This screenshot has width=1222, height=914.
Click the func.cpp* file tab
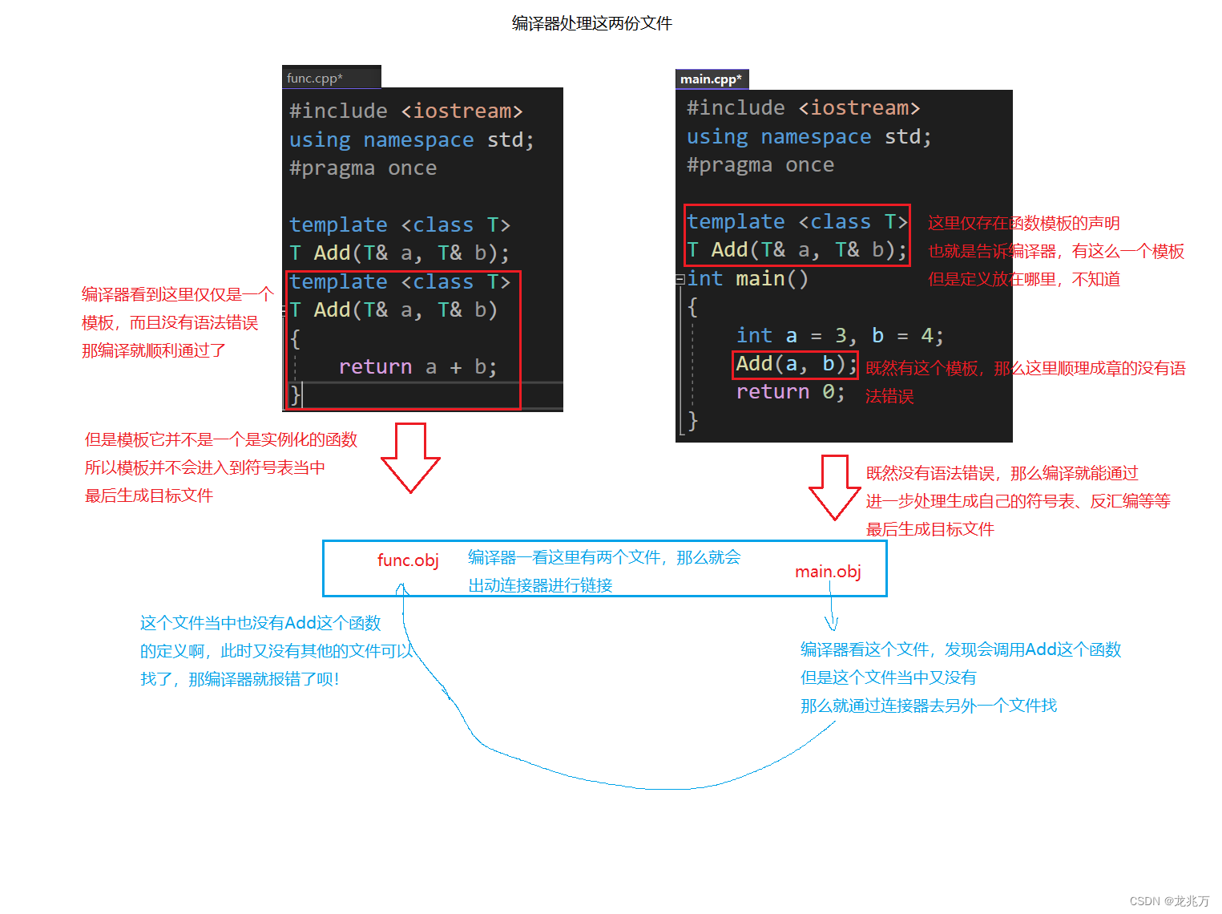(315, 78)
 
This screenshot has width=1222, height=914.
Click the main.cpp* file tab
(711, 79)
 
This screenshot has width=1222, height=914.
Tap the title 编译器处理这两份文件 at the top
(591, 23)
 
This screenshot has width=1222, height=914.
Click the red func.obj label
(408, 560)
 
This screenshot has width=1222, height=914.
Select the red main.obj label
(828, 571)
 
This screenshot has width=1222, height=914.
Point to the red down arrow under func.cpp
(410, 457)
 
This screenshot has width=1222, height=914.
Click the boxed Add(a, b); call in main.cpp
(796, 364)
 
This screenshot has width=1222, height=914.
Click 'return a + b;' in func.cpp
(417, 366)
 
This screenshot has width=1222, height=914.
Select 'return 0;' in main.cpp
(789, 392)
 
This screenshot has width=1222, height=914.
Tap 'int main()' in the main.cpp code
(747, 278)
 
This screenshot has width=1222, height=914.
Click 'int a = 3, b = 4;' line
(839, 335)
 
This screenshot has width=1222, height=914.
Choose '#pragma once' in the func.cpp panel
(363, 168)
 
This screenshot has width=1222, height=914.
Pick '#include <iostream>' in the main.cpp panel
(803, 107)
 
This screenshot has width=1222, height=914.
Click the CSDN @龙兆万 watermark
(1169, 901)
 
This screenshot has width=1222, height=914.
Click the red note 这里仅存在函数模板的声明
(1023, 223)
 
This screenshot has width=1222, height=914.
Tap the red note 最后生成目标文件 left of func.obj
(149, 495)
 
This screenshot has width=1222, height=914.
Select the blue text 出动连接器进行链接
(540, 585)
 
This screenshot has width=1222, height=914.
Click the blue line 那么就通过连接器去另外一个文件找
(928, 706)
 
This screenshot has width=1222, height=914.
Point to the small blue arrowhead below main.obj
(831, 623)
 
